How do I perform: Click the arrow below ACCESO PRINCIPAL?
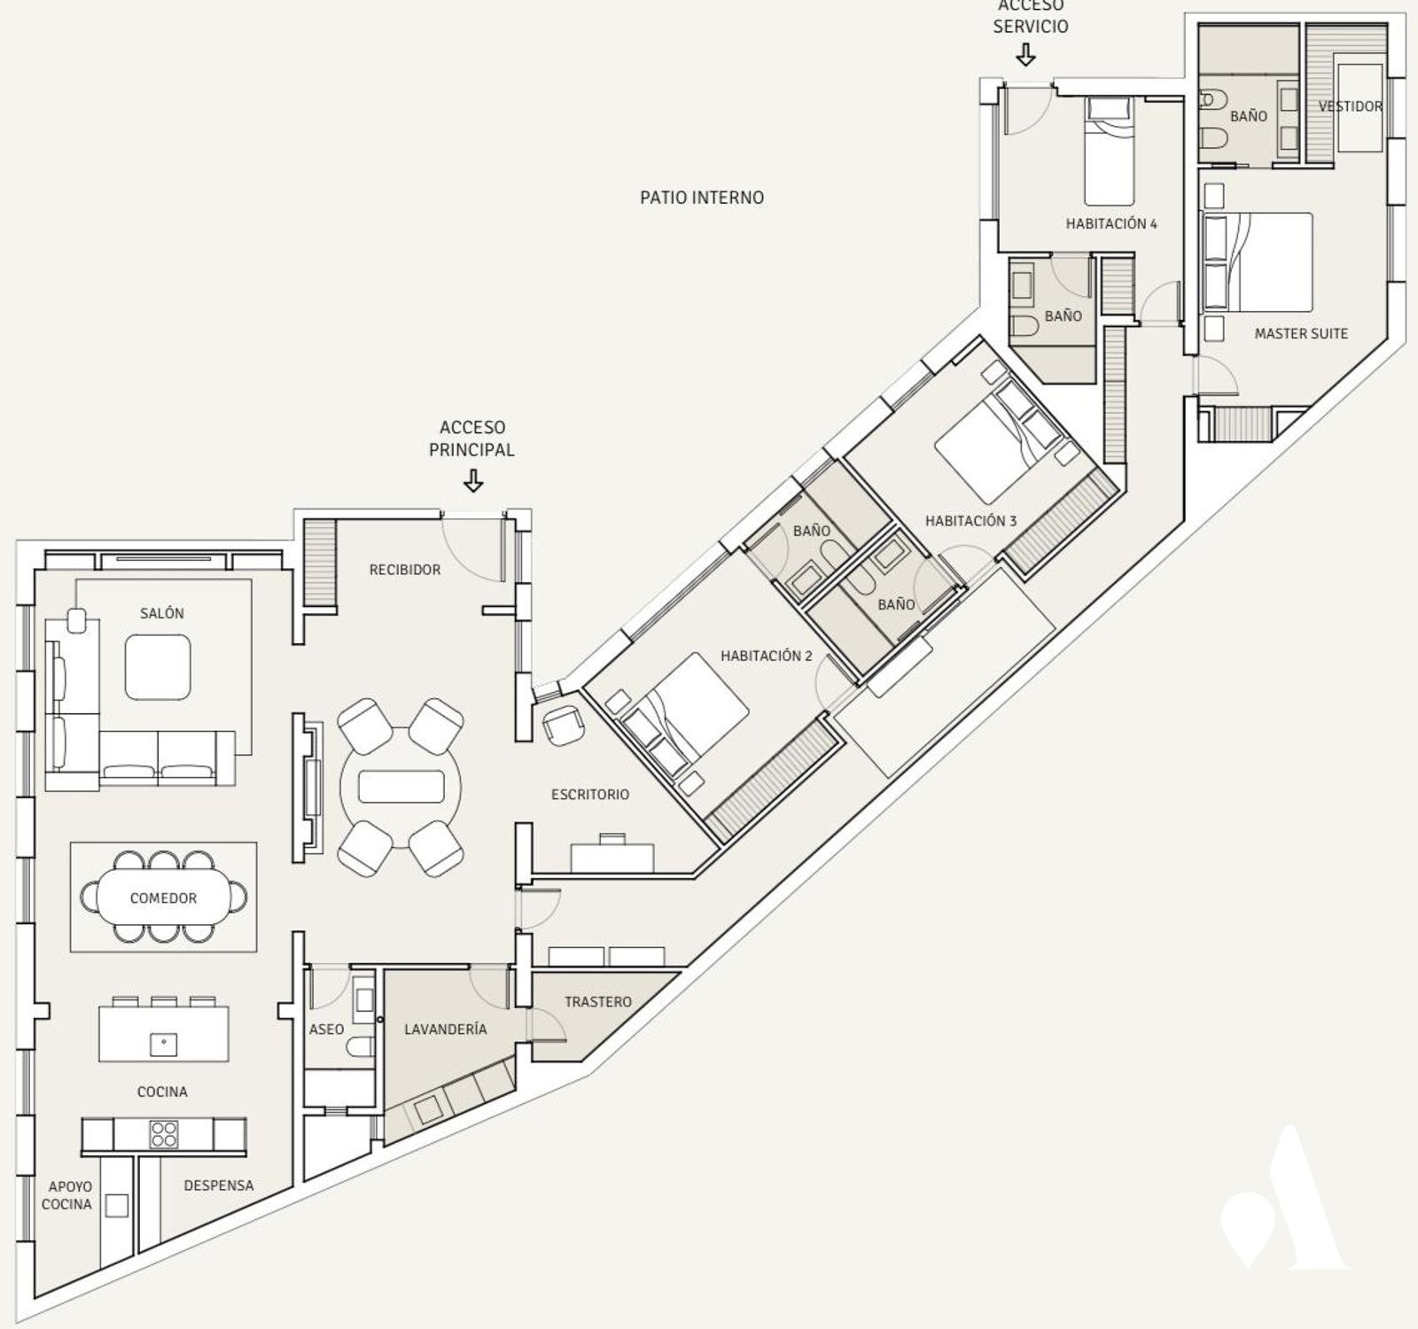pyautogui.click(x=474, y=481)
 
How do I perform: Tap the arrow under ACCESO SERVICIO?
pyautogui.click(x=1026, y=56)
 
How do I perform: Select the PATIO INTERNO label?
pyautogui.click(x=702, y=197)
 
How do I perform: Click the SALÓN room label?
pyautogui.click(x=162, y=613)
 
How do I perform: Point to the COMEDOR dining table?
pyautogui.click(x=164, y=898)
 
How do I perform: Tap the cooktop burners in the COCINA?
pyautogui.click(x=163, y=1134)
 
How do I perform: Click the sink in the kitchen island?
pyautogui.click(x=163, y=1044)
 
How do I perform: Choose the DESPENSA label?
pyautogui.click(x=219, y=1185)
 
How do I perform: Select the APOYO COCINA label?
pyautogui.click(x=70, y=1195)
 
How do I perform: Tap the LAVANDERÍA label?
pyautogui.click(x=446, y=1030)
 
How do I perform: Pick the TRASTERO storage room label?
pyautogui.click(x=598, y=1002)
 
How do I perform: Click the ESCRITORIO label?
pyautogui.click(x=590, y=795)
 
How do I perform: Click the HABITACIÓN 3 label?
pyautogui.click(x=971, y=521)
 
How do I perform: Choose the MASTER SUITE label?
pyautogui.click(x=1301, y=334)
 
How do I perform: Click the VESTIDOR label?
pyautogui.click(x=1351, y=106)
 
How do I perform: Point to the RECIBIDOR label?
pyautogui.click(x=405, y=570)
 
